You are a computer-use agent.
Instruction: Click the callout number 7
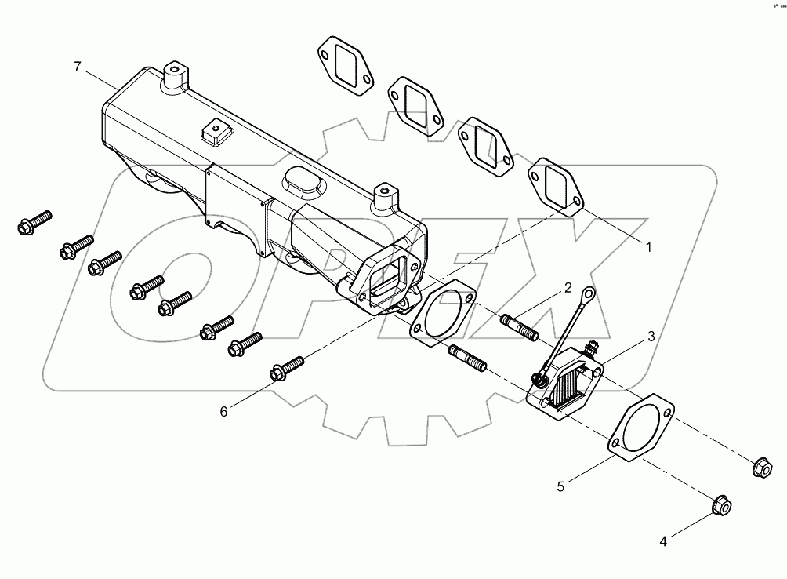(77, 67)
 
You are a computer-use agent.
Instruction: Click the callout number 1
(649, 246)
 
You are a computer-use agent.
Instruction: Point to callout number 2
(567, 289)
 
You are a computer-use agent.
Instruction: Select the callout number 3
(651, 337)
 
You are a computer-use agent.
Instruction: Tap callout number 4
(663, 541)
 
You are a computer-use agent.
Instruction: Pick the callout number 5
(560, 486)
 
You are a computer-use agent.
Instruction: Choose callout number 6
(223, 411)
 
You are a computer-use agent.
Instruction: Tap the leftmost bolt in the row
(34, 222)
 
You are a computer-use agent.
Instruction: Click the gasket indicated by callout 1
(555, 186)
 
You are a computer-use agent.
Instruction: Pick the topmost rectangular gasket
(345, 61)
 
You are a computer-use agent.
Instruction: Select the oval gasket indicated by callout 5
(641, 429)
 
